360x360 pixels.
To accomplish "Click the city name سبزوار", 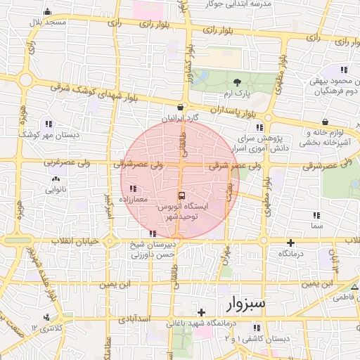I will (246, 304).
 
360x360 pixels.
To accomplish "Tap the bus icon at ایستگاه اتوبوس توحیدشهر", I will (182, 195).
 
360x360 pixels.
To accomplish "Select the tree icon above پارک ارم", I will (237, 82).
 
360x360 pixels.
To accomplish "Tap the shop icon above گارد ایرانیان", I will (181, 108).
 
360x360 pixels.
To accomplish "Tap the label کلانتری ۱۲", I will (48, 328).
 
